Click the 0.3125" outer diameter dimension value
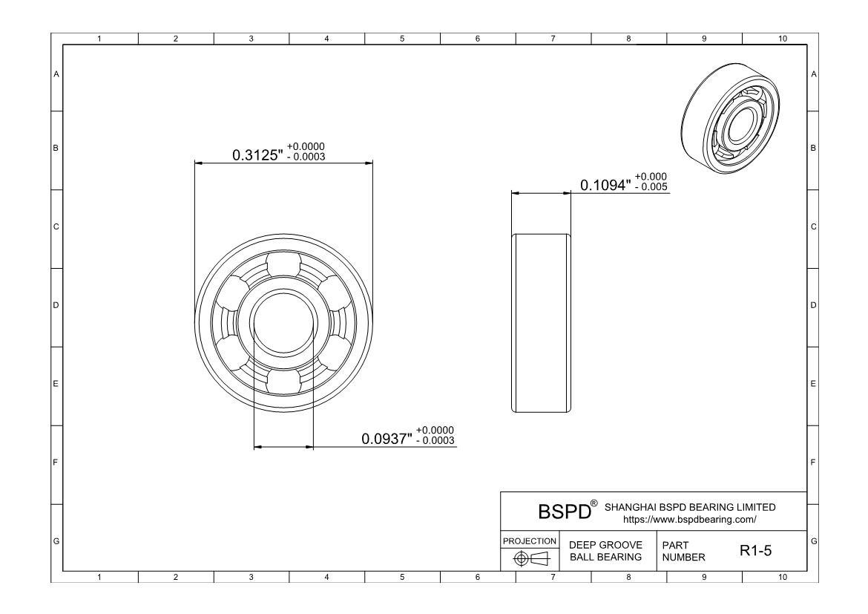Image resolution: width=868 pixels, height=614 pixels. coord(257,154)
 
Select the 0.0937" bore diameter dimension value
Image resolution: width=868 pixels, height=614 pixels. coord(387,439)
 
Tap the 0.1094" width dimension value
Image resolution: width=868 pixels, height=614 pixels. coord(605,185)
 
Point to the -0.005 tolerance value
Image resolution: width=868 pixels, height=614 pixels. coord(651,187)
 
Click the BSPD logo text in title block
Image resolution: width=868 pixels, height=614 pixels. coord(565,512)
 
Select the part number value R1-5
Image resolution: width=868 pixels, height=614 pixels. coord(756,551)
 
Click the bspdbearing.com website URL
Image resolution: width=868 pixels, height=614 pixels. coord(690,520)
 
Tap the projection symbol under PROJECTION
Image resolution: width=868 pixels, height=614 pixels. coord(531,558)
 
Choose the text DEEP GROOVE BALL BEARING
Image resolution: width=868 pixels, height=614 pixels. coord(605,551)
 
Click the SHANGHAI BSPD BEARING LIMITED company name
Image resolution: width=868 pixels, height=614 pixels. coord(690,507)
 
